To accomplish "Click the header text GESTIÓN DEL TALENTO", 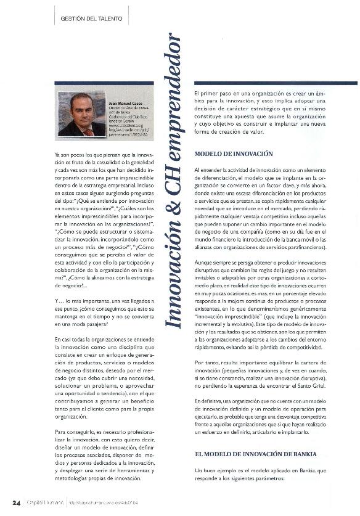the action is click(x=91, y=19).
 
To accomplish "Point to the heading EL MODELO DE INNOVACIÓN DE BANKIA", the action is click(x=255, y=453).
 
